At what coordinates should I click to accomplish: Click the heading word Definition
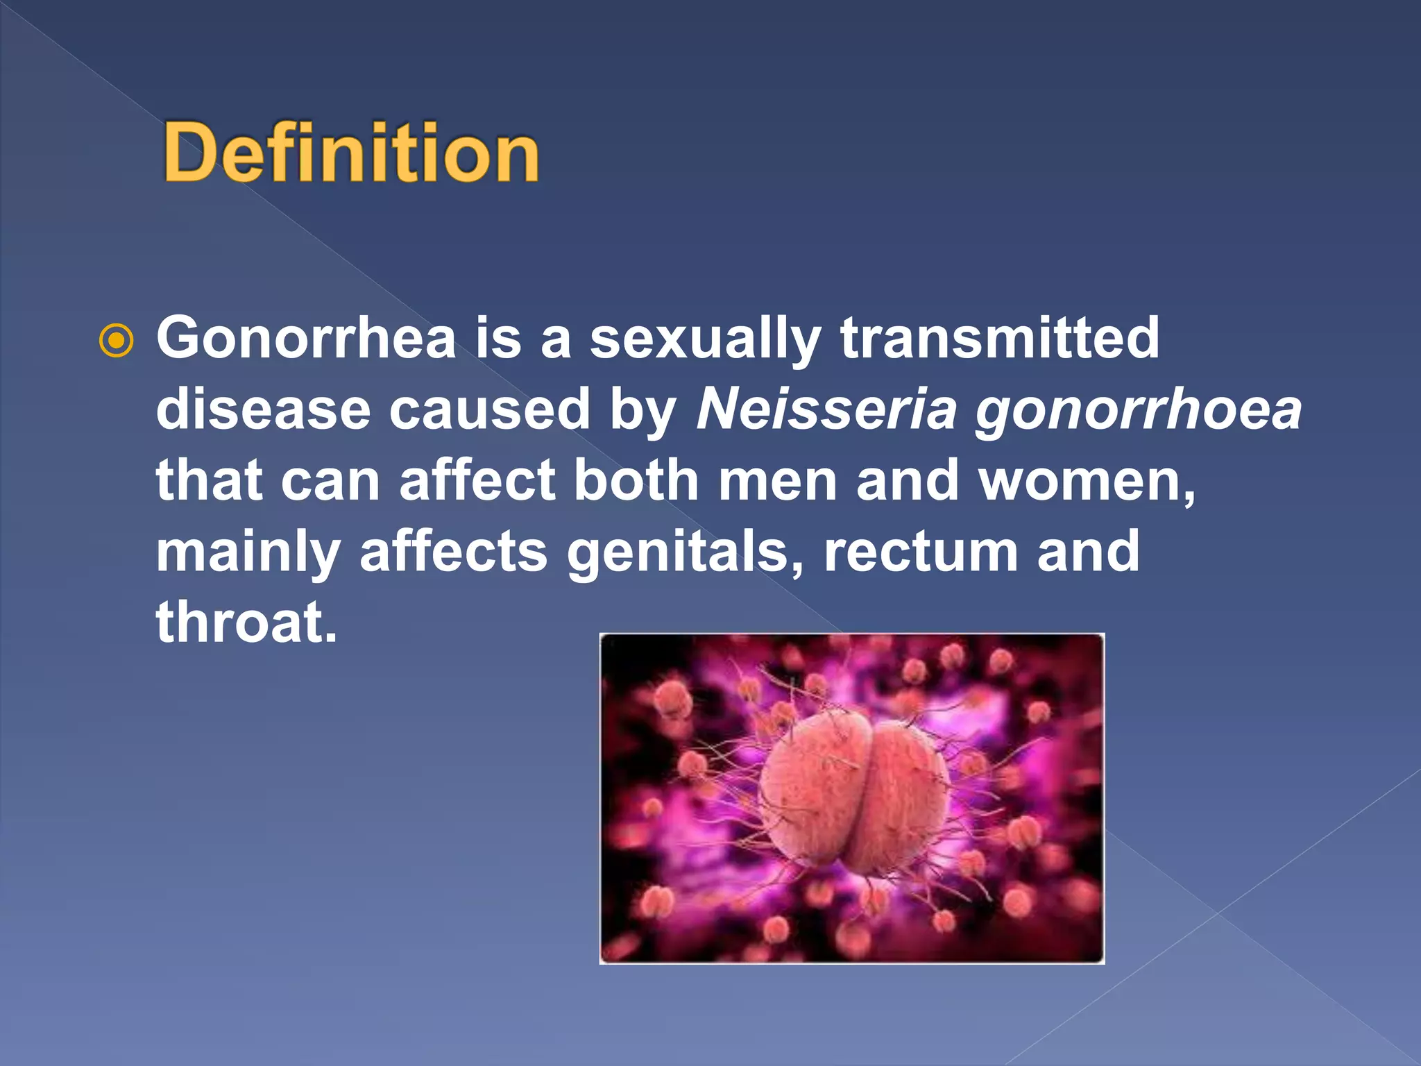tap(351, 151)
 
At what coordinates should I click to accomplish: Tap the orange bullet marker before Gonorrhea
tap(116, 341)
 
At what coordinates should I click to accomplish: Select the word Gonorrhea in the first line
tap(306, 338)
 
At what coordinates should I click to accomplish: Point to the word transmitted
tap(999, 338)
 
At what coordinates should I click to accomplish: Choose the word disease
tap(263, 409)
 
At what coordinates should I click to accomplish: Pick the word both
tap(636, 480)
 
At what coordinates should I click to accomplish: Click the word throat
tap(246, 622)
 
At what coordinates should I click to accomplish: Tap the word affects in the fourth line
tap(453, 552)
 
